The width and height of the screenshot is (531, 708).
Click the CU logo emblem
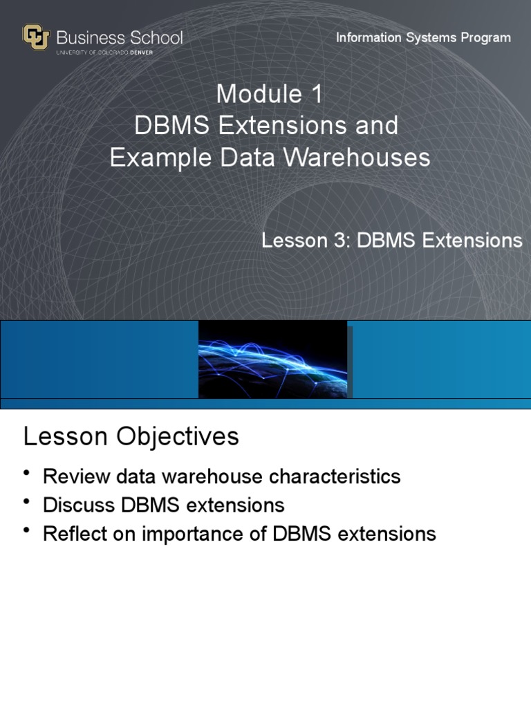(36, 37)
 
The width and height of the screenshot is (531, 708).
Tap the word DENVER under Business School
(141, 53)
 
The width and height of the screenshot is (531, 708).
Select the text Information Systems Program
(423, 38)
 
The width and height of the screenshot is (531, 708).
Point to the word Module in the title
(259, 94)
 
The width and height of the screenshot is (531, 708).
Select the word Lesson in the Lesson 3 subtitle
(295, 240)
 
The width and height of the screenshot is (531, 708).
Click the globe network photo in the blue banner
(272, 360)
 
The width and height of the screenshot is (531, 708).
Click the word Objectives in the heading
(178, 437)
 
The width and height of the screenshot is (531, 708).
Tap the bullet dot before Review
(27, 472)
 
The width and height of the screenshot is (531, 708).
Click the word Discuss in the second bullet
(79, 505)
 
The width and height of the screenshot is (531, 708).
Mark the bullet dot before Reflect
(27, 530)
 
